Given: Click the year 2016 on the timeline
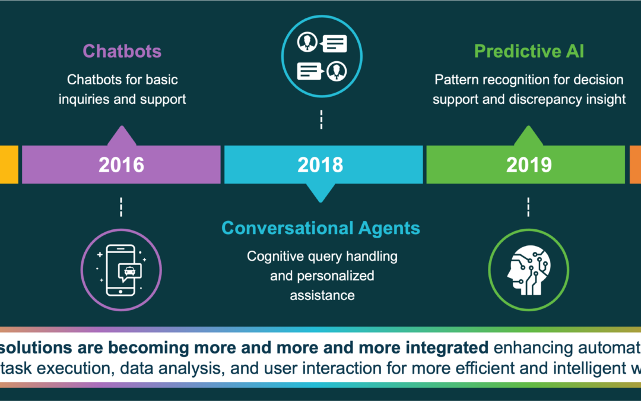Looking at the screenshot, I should [121, 165].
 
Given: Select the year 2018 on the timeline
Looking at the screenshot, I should [320, 165].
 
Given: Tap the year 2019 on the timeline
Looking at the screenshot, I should [528, 165].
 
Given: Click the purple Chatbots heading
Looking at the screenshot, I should [122, 51].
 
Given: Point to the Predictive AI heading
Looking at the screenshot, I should [529, 51].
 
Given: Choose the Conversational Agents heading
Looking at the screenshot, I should [320, 228].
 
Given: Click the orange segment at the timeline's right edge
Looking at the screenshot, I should [635, 165].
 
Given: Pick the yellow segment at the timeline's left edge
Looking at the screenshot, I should [9, 165].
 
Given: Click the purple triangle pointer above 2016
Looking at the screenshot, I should [121, 136].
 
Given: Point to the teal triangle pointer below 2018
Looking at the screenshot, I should [320, 192].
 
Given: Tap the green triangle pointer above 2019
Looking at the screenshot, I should [528, 136].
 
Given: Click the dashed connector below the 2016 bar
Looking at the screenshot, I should [121, 207].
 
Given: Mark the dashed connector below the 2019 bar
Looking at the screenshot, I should [528, 207].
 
